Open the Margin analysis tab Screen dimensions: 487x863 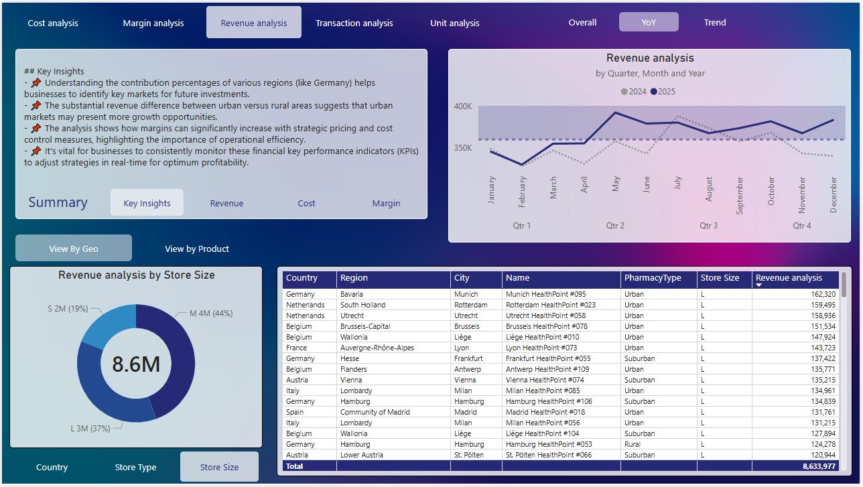153,23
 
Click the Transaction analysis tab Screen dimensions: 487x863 354,23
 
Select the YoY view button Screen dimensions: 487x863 648,22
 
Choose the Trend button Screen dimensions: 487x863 714,22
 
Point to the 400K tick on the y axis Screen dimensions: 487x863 462,107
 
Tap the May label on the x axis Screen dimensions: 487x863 616,184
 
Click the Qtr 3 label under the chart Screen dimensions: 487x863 708,226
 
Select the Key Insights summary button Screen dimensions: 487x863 147,203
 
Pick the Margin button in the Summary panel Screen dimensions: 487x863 386,203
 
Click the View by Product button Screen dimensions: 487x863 197,249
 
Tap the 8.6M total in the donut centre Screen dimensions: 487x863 136,364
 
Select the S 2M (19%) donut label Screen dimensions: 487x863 68,309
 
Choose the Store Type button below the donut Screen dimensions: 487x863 135,467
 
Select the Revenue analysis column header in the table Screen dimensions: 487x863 789,278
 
